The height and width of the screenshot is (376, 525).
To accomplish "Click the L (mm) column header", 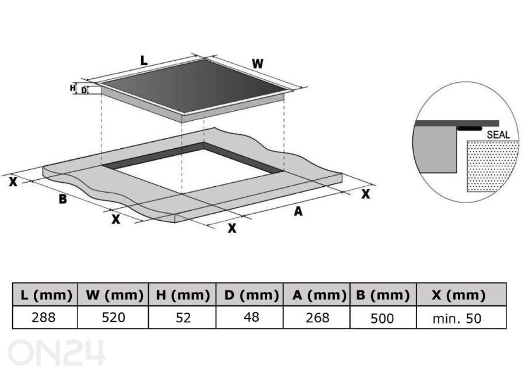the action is click(45, 295).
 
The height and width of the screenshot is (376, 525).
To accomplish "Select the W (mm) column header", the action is click(113, 295).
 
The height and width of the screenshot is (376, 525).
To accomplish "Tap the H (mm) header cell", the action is click(183, 295).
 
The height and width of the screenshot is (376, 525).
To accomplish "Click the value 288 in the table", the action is click(44, 318).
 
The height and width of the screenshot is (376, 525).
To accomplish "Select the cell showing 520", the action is click(114, 318).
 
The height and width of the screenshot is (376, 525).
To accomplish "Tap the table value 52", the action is click(183, 318).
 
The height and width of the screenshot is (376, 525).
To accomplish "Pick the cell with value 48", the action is click(251, 317).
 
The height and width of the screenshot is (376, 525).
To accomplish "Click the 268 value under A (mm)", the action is click(317, 318).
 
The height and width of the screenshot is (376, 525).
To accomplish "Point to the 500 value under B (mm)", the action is click(382, 318).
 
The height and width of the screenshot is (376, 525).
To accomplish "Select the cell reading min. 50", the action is click(457, 319).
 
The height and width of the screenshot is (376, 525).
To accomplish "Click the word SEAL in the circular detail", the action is click(498, 135).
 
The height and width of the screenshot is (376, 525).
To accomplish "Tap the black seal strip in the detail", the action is click(470, 128).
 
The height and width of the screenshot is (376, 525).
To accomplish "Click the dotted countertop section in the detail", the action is click(491, 166).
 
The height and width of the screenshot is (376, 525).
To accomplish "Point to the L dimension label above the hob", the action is click(143, 61).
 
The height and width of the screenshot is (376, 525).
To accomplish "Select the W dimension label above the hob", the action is click(257, 64).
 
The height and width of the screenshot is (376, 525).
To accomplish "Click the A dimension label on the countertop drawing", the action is click(298, 211).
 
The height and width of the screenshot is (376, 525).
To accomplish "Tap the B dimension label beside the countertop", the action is click(62, 199).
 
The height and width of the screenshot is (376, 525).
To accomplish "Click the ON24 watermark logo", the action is click(56, 353).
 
